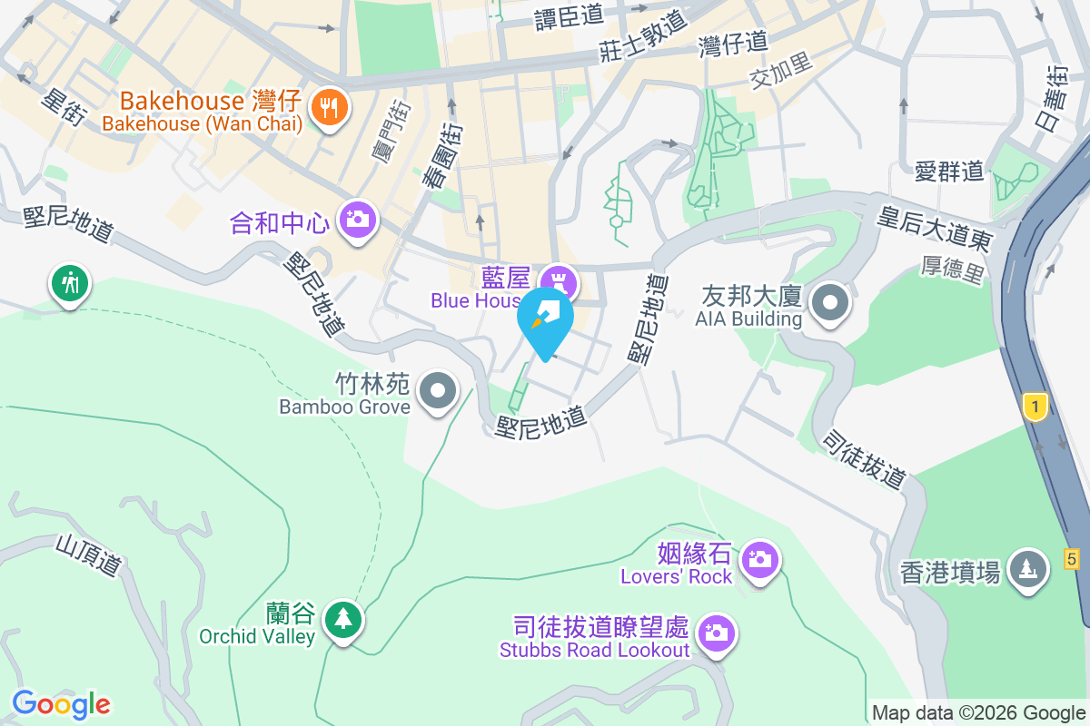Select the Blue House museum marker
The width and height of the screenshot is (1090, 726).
tap(557, 279)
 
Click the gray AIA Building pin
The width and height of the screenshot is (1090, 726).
tap(829, 301)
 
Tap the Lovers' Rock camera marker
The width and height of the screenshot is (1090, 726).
tap(759, 557)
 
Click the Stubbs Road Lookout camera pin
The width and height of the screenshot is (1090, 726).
tap(717, 633)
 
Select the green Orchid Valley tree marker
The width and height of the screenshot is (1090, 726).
tap(342, 620)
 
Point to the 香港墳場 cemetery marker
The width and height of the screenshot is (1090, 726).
tap(1027, 569)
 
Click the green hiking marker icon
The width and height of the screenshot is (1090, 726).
tap(70, 282)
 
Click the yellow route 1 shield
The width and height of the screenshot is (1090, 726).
tap(1034, 407)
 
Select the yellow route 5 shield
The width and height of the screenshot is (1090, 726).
tap(1073, 559)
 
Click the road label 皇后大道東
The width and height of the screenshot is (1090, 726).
tap(934, 228)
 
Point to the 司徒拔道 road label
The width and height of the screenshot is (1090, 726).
tap(864, 458)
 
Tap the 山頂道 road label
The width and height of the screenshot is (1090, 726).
tap(88, 554)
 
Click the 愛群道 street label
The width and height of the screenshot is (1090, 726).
tap(949, 171)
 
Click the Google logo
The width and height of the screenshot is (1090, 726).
tap(61, 703)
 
